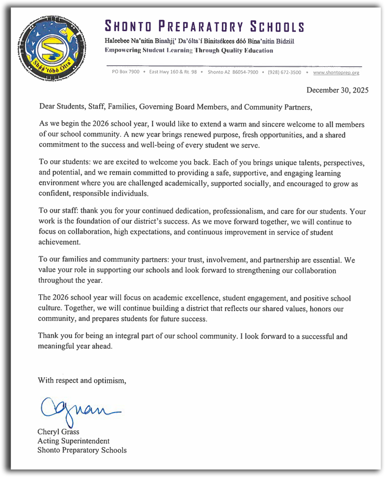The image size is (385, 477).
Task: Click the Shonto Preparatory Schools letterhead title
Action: [x=204, y=26]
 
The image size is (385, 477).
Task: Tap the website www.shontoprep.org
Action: [x=336, y=73]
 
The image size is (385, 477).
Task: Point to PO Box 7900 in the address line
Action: [x=125, y=73]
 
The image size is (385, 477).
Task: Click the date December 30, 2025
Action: [x=337, y=90]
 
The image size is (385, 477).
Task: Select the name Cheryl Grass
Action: [x=59, y=432]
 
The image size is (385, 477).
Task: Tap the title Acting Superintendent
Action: [x=73, y=441]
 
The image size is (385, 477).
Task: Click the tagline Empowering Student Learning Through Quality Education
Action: [x=189, y=51]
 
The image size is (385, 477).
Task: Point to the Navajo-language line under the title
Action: [x=199, y=41]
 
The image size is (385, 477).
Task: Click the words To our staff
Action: [x=54, y=211]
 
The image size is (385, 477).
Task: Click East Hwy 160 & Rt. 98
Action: [x=173, y=73]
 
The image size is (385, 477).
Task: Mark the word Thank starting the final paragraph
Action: [x=48, y=336]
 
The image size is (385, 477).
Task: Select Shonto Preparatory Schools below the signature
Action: [x=82, y=450]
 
